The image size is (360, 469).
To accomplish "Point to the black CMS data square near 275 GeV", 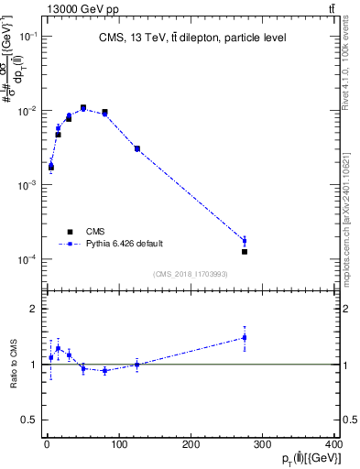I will (x=245, y=251).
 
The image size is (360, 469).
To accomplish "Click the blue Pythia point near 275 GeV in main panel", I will (x=245, y=241).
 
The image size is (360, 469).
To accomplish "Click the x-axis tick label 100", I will (x=119, y=446).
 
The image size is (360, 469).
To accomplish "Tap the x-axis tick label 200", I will (x=191, y=446).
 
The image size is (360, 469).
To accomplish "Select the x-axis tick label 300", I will (x=264, y=446).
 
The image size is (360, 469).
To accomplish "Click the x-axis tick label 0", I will (x=47, y=446).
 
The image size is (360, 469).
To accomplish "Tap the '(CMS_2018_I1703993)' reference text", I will (x=191, y=272).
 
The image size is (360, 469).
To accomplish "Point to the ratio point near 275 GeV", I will (x=245, y=337).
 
